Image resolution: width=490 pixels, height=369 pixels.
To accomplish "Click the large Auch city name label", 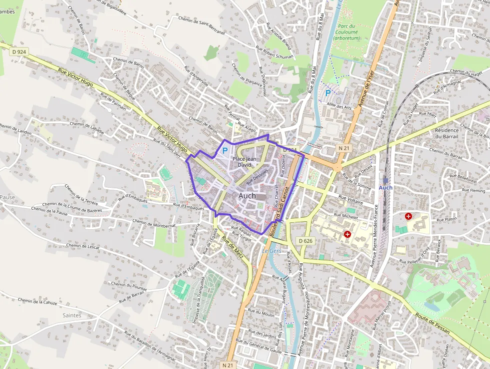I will tap(247, 196).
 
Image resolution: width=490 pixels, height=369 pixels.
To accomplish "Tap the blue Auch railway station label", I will tap(385, 188).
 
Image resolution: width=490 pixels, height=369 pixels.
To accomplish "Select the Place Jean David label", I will tap(244, 162).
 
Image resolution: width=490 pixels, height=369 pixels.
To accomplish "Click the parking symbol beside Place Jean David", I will tap(224, 150).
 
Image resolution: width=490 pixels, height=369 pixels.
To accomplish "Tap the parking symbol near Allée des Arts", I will tap(328, 93).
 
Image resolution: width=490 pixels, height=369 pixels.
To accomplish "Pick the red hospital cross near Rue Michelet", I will tap(347, 234).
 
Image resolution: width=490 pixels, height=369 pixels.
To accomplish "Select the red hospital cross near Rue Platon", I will tap(408, 216).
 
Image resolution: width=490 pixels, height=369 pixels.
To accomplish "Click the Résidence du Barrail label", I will tap(446, 133).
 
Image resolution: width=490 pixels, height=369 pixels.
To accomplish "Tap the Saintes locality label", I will tap(72, 315).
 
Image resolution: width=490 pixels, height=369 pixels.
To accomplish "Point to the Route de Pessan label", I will tap(432, 323).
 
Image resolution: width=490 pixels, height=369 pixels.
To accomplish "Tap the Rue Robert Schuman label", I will tap(274, 53).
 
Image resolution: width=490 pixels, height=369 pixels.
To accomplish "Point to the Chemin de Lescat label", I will tap(82, 246).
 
